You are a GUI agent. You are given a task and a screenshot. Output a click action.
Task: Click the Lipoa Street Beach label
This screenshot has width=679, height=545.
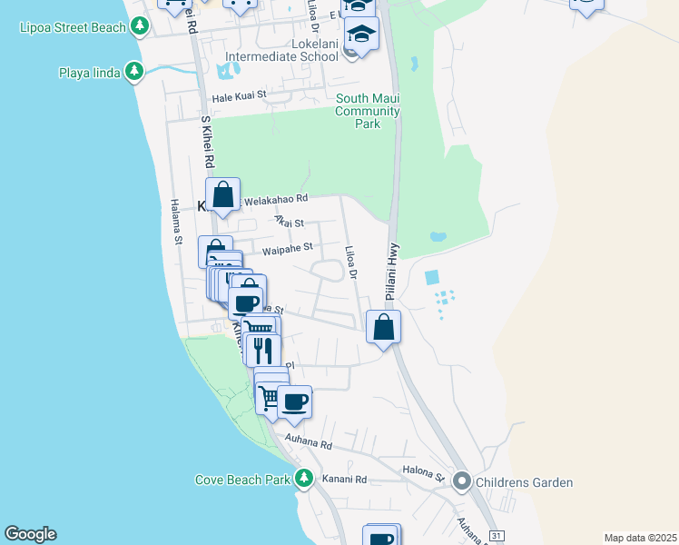tap(73, 27)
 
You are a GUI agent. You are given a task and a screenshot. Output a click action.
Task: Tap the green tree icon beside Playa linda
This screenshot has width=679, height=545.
tap(134, 71)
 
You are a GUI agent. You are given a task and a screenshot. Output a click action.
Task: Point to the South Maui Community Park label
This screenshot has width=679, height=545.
tap(368, 111)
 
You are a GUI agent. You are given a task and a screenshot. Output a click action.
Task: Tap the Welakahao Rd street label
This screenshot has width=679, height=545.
tap(277, 198)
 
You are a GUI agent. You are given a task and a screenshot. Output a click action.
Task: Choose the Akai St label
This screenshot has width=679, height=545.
tap(289, 222)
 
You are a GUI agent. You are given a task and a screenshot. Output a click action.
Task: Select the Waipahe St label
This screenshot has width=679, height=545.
tap(287, 246)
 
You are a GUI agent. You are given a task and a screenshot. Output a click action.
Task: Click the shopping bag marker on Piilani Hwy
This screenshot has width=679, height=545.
tap(384, 326)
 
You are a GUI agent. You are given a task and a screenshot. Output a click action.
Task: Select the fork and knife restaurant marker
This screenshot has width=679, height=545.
tap(263, 350)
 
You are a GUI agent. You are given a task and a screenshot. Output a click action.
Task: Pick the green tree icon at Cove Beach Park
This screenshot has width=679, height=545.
tap(305, 479)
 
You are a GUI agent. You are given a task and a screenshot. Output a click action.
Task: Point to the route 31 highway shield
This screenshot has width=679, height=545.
tap(496, 536)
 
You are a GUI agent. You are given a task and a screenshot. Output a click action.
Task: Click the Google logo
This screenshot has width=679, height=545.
tap(30, 534)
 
